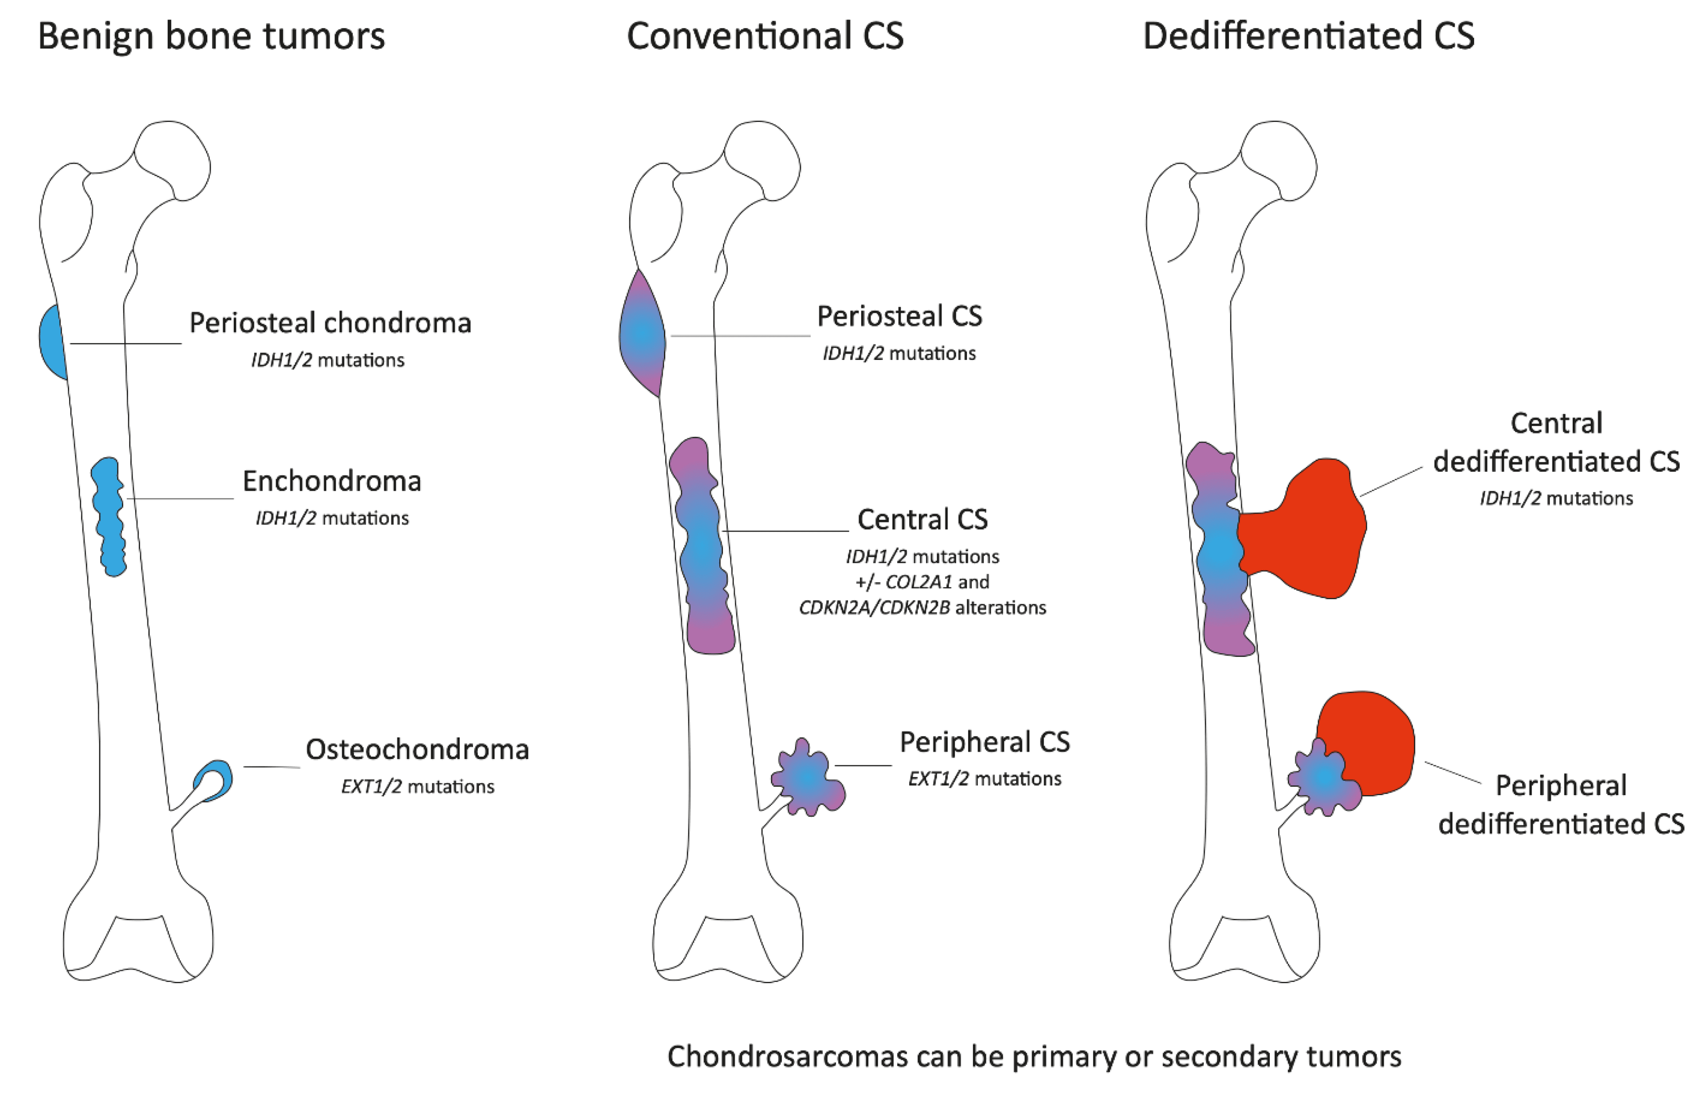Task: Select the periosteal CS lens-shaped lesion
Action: point(642,333)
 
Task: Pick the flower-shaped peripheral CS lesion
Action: point(808,778)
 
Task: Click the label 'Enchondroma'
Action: point(331,482)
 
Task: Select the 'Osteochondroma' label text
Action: point(417,750)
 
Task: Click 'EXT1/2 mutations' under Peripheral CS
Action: point(985,779)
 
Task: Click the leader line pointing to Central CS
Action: point(786,531)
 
